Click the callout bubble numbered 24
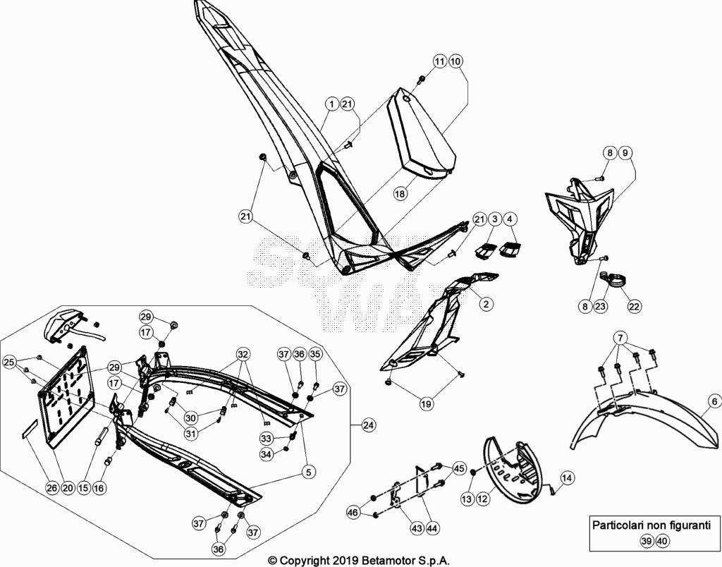click(x=368, y=425)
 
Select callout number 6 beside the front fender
click(x=714, y=402)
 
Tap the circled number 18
click(x=400, y=193)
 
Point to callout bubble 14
click(x=567, y=478)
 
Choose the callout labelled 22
click(x=635, y=306)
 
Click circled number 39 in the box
click(x=647, y=541)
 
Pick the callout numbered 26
click(x=52, y=488)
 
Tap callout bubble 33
click(x=266, y=437)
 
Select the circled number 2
click(x=486, y=303)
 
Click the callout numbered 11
click(x=440, y=61)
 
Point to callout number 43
click(x=417, y=528)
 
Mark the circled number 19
click(x=427, y=404)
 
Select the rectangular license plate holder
click(x=66, y=397)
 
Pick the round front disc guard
click(x=510, y=470)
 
